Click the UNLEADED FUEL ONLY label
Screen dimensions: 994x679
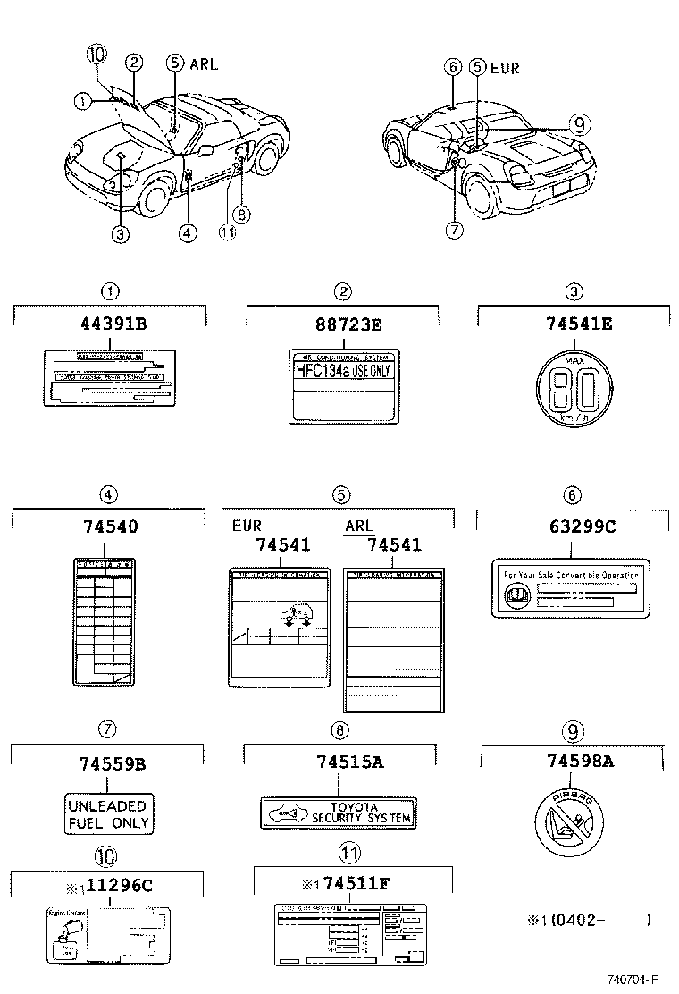108,813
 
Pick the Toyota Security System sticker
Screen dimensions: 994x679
339,812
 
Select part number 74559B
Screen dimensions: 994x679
108,764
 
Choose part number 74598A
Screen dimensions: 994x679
572,762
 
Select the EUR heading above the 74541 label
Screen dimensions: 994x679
247,527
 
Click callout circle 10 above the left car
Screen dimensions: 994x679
96,55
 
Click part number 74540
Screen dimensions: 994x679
109,526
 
